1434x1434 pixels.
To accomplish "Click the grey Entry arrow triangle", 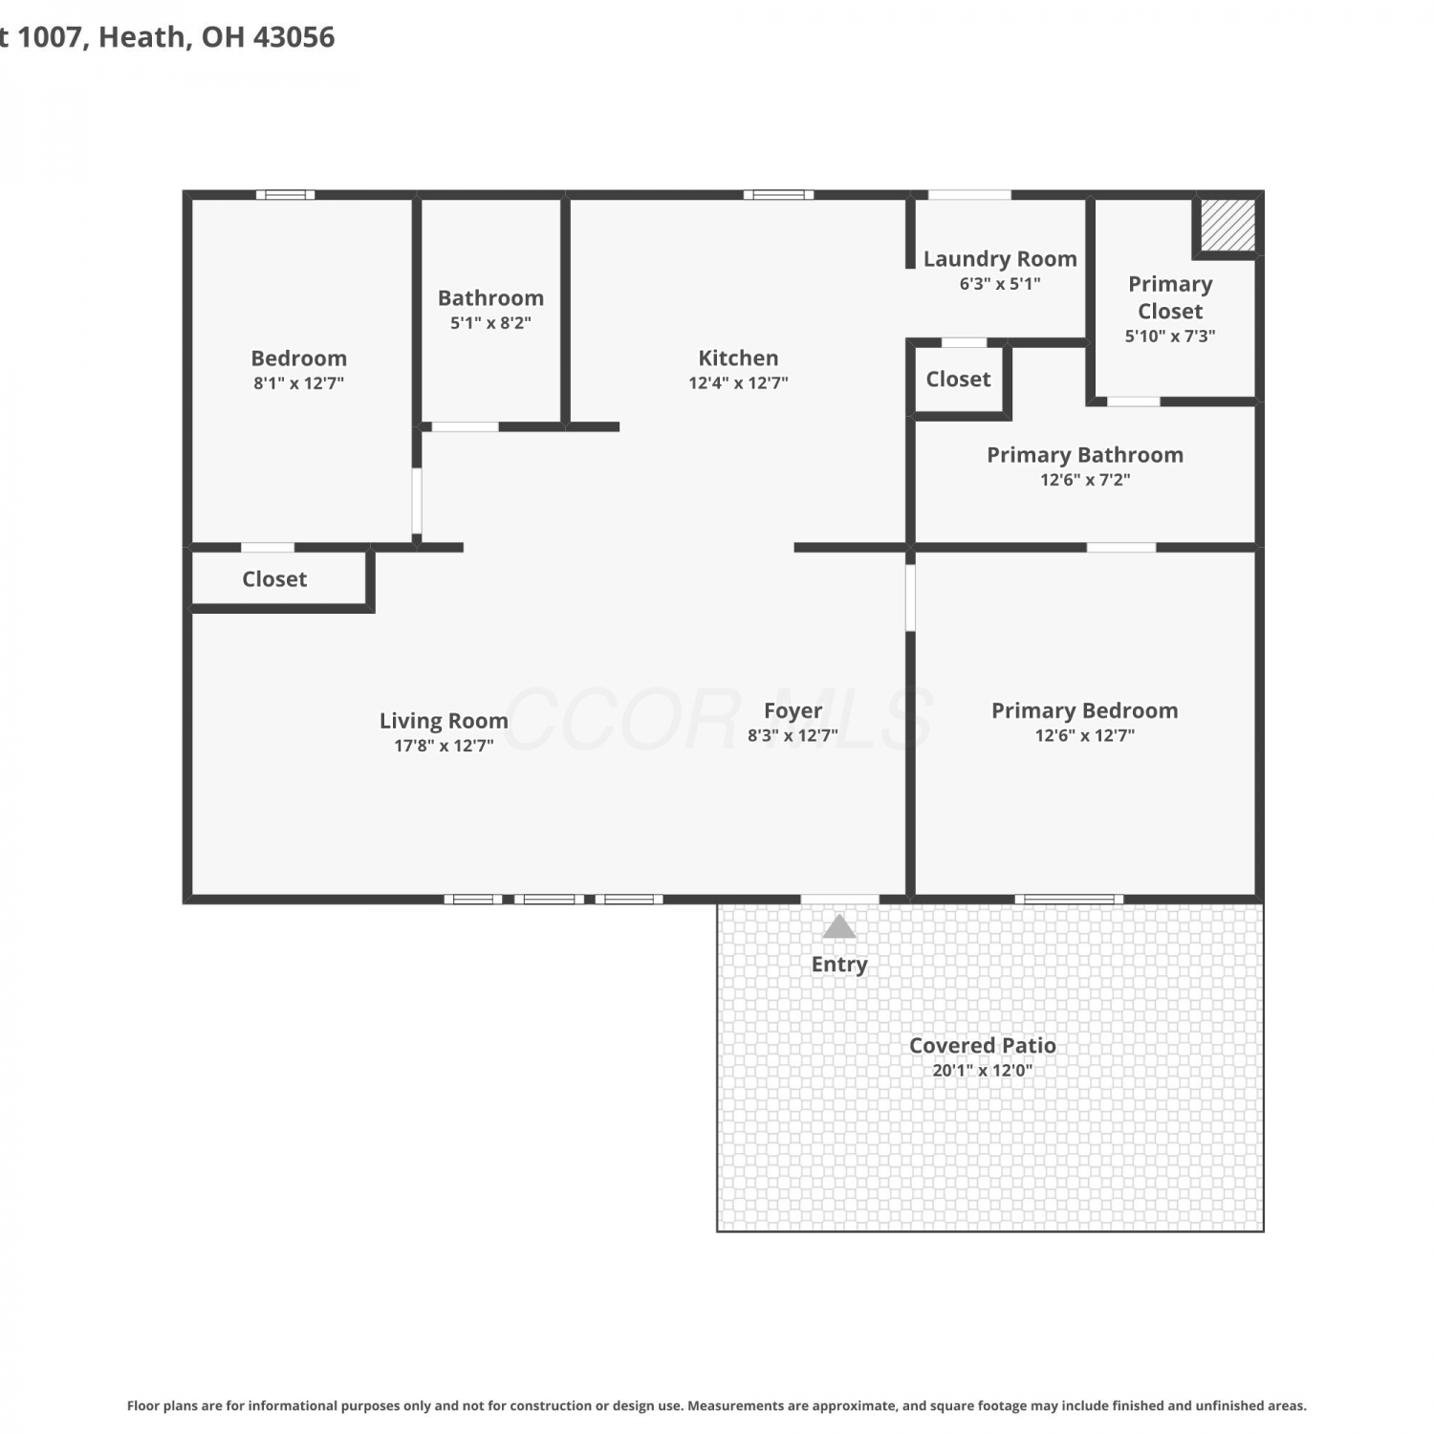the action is coord(839,926).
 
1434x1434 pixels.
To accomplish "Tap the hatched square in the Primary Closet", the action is coord(1228,225).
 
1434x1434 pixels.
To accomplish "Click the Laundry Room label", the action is coord(1000,259).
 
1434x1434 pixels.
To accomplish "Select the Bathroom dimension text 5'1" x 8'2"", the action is coord(490,323).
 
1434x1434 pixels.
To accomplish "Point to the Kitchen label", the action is coord(738,358).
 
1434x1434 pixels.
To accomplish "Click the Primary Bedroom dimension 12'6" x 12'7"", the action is coord(1084,735).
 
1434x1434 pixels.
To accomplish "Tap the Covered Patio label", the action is coord(983,1046).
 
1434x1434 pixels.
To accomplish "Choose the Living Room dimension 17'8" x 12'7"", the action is coord(444,746).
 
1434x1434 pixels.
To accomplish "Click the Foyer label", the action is coord(793,711).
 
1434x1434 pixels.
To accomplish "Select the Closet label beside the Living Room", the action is coord(274,579).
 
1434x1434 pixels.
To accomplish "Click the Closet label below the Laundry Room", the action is coord(958,380).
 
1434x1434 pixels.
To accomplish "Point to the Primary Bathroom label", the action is coord(1085,455).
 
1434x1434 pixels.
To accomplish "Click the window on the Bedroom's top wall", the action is coord(285,195).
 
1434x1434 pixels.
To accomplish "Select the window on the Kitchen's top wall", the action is coord(778,195).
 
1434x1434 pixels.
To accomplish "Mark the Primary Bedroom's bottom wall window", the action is coord(1069,899).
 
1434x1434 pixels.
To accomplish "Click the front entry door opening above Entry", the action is coord(839,899).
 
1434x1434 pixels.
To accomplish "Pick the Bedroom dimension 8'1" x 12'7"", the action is coord(298,383).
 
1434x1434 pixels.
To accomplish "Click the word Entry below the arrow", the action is coord(839,965).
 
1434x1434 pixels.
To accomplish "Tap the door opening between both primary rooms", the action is coord(1121,548).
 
